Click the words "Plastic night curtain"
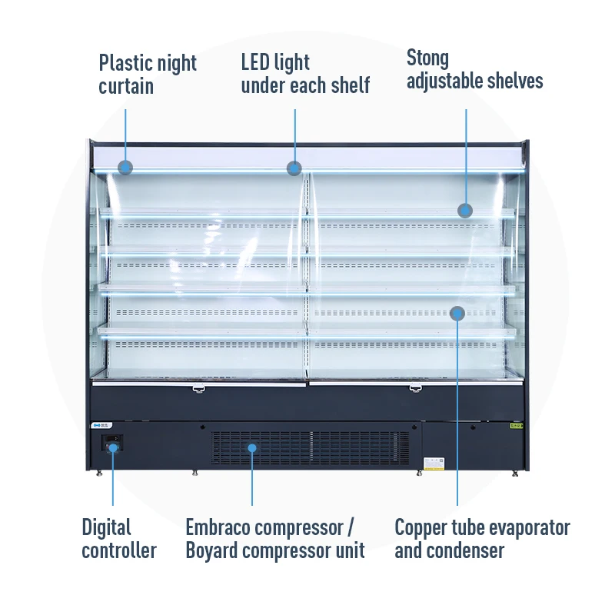click(x=148, y=74)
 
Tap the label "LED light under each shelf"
click(x=305, y=74)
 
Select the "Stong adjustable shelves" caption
click(x=474, y=69)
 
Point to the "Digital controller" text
click(x=119, y=538)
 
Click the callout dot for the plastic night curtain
click(x=125, y=167)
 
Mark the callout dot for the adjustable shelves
click(x=465, y=210)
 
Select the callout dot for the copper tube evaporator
click(x=457, y=313)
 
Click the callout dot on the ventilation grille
click(x=252, y=447)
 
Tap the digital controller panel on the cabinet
click(x=112, y=444)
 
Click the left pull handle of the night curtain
click(x=199, y=388)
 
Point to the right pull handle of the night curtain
click(x=415, y=388)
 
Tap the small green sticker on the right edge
click(x=517, y=424)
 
